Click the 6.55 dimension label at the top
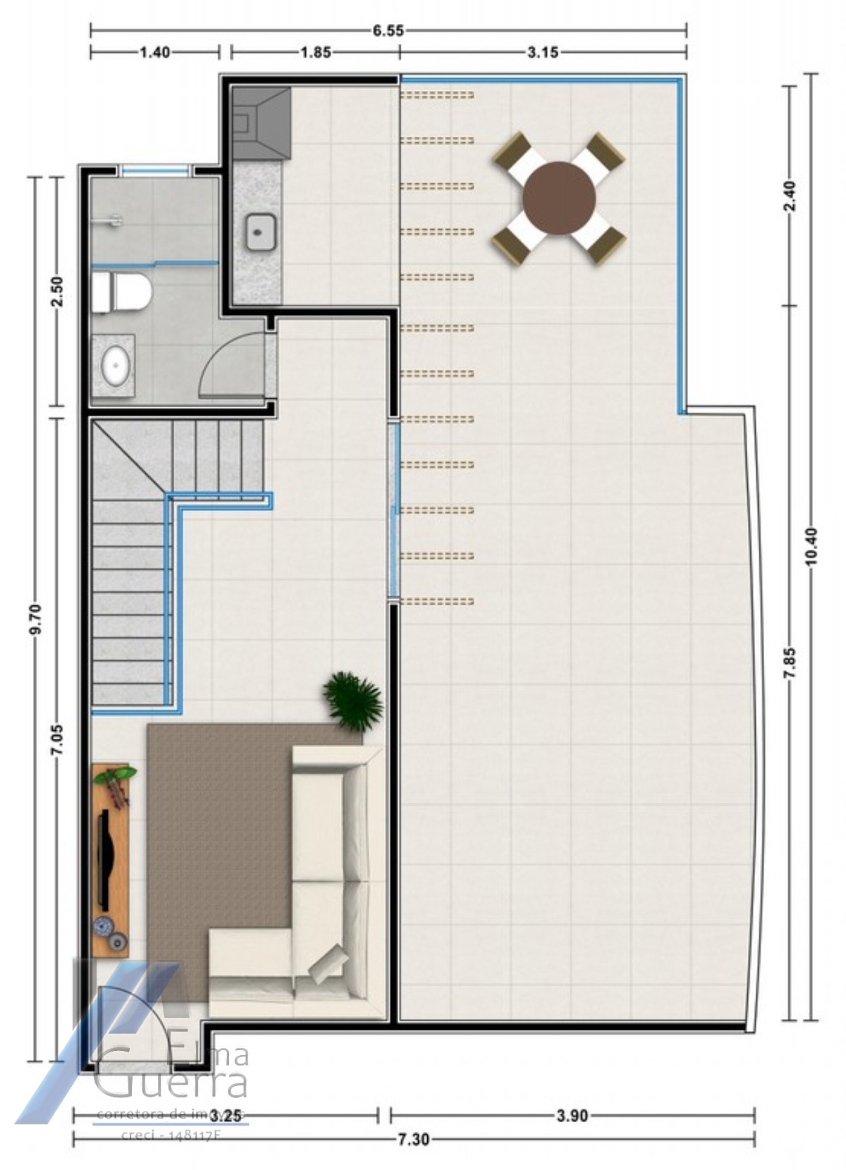tap(388, 30)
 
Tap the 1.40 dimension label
tap(154, 52)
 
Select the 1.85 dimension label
tap(315, 52)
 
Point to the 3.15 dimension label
tap(543, 52)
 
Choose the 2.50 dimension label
tap(57, 291)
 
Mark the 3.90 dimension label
tap(572, 1115)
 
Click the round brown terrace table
tap(560, 198)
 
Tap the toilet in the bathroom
tap(122, 292)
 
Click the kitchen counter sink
tap(261, 232)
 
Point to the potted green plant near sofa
tap(352, 700)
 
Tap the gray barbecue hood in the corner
tap(261, 123)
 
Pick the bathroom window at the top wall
tap(154, 170)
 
